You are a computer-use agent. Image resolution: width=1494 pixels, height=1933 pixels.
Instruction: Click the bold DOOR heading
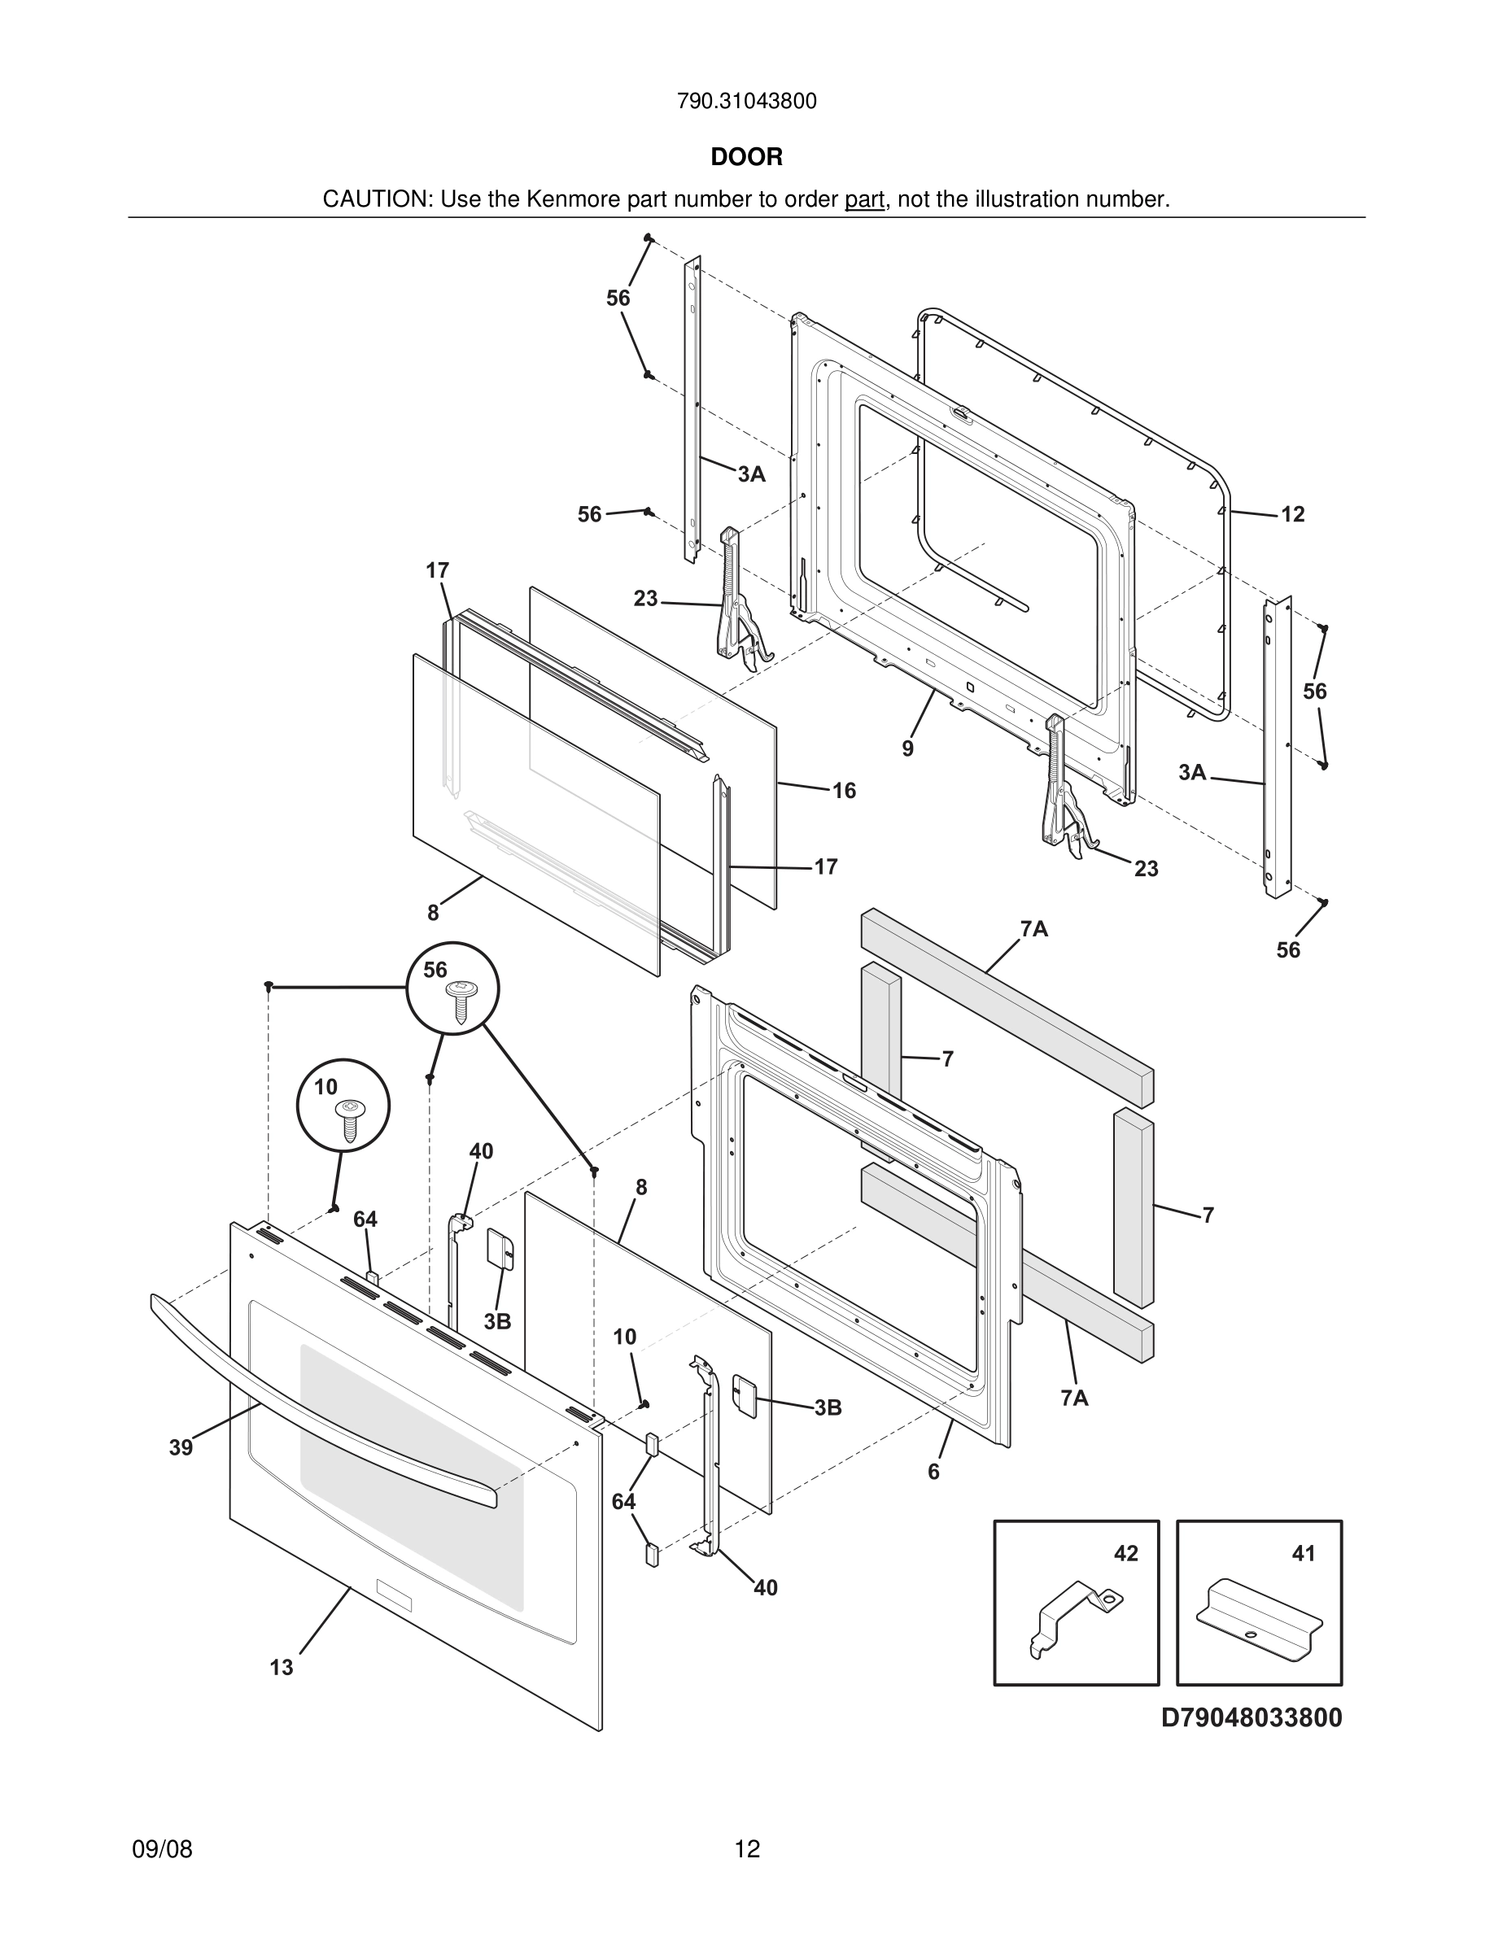point(746,157)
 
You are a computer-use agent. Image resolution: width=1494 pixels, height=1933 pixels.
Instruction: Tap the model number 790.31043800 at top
point(746,101)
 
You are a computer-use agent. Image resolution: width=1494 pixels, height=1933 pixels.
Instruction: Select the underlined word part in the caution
point(864,199)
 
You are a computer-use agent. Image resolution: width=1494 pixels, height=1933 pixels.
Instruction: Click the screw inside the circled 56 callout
point(461,1001)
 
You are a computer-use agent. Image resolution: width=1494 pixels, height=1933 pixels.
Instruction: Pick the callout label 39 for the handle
point(181,1447)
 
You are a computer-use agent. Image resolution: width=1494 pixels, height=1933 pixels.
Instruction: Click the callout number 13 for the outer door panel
point(282,1668)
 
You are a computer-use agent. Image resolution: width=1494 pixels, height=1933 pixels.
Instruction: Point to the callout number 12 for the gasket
point(1292,514)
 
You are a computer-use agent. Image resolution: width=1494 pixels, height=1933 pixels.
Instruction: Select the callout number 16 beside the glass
point(844,791)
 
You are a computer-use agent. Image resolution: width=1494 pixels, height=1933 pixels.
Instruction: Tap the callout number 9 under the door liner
point(907,748)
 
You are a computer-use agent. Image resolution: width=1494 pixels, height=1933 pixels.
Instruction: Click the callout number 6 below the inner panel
point(933,1471)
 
